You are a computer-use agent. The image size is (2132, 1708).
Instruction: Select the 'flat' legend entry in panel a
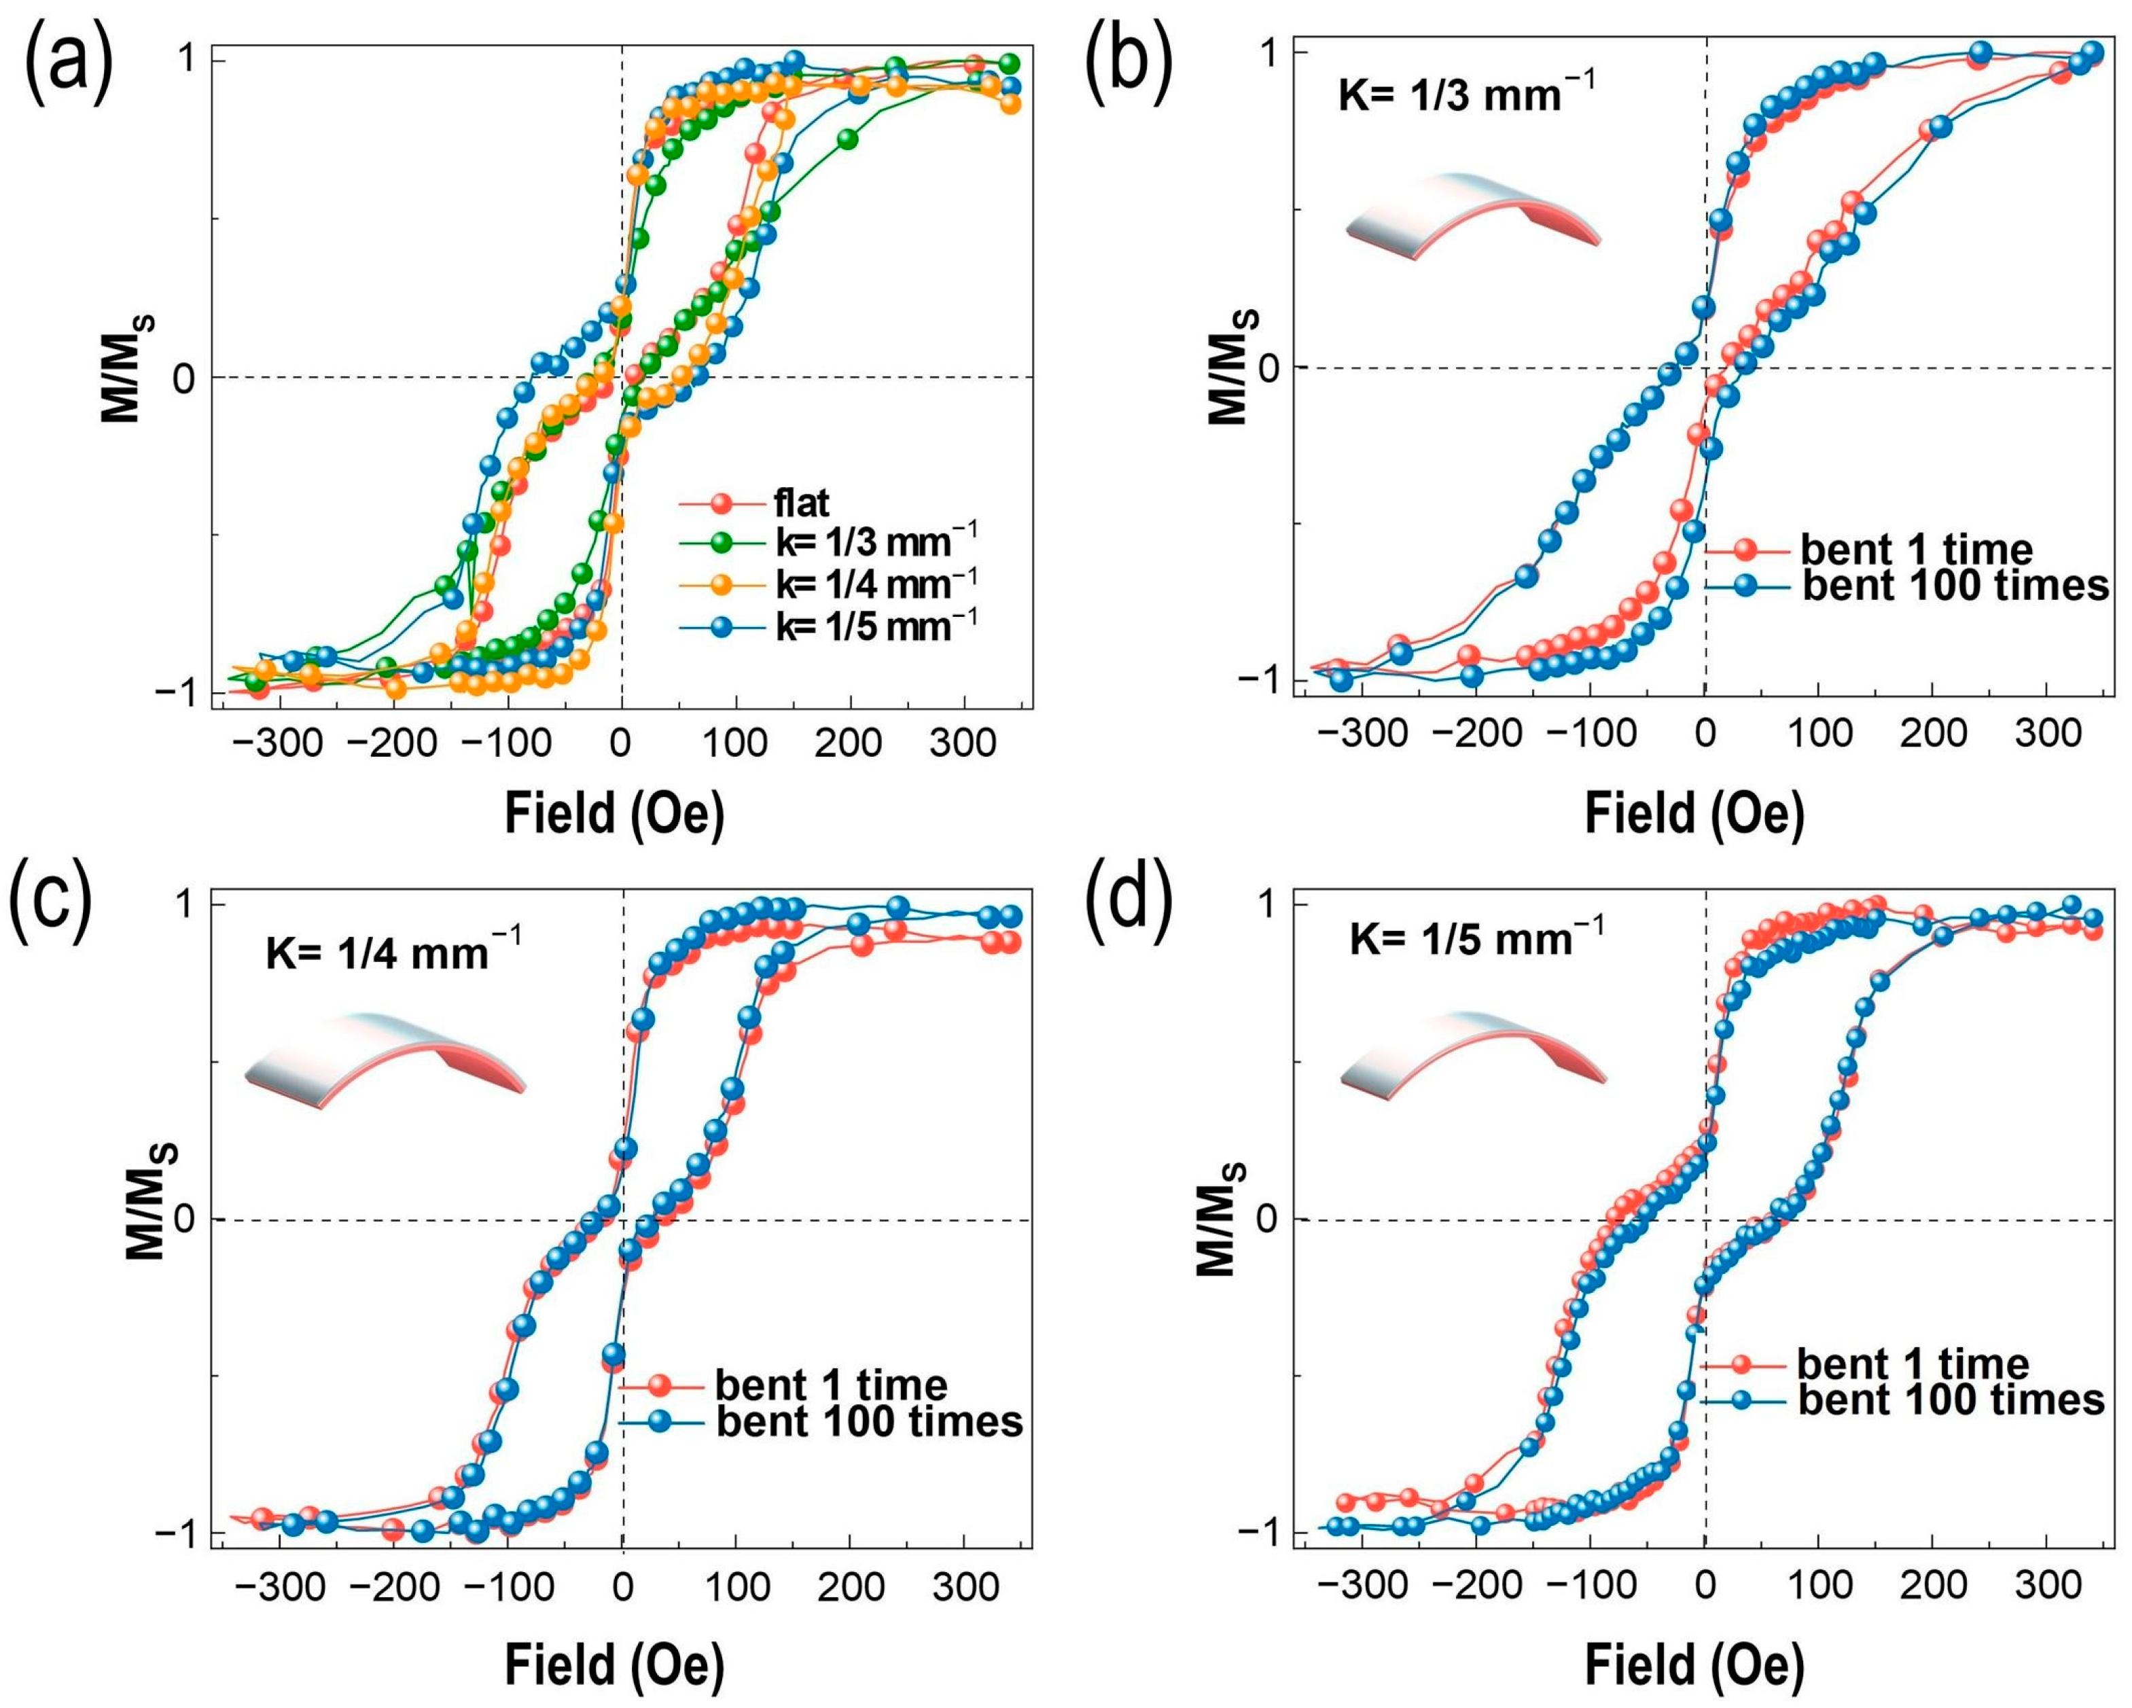pyautogui.click(x=801, y=503)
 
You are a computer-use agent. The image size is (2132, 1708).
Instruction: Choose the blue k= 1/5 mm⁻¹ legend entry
pyautogui.click(x=875, y=626)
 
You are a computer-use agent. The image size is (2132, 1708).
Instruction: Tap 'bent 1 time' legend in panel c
pyautogui.click(x=831, y=1385)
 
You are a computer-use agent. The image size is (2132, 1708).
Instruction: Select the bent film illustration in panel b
pyautogui.click(x=1472, y=215)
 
